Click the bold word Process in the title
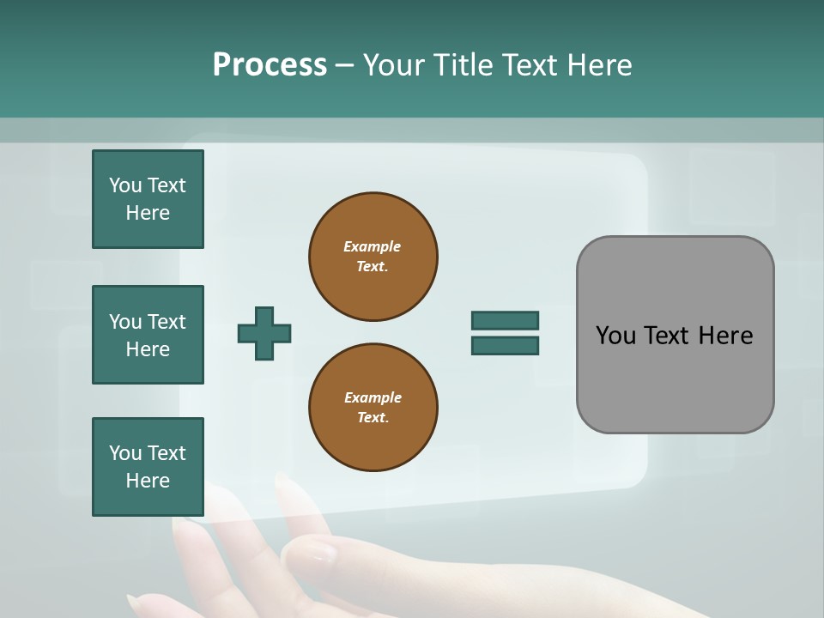tap(270, 65)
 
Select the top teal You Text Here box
tap(148, 199)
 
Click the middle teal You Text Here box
tap(148, 335)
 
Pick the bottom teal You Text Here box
tap(148, 467)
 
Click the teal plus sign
tap(264, 333)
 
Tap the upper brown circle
tap(373, 256)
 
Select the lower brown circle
tap(373, 407)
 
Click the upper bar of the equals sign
tap(505, 320)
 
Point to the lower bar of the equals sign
tap(505, 346)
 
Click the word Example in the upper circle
tap(372, 246)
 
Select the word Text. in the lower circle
tap(373, 417)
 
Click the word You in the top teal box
tap(124, 185)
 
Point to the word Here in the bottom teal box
tap(148, 481)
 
